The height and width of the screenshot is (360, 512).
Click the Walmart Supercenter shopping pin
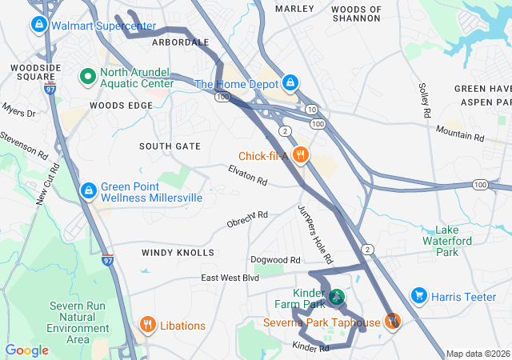(38, 26)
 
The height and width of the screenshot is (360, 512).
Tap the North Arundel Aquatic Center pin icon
(87, 77)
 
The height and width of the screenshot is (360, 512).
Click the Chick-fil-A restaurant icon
(301, 155)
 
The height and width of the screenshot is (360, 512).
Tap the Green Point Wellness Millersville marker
(88, 191)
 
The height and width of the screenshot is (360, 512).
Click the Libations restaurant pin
(147, 325)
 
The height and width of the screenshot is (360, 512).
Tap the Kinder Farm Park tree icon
(338, 298)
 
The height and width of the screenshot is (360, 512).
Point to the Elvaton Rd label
(247, 175)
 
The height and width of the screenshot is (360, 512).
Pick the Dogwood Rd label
(274, 260)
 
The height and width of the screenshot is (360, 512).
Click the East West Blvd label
(230, 278)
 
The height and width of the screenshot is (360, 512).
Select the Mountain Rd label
(460, 133)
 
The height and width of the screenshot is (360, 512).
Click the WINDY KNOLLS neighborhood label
(178, 253)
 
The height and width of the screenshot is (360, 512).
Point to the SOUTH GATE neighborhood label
(170, 146)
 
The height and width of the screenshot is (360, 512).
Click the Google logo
(27, 350)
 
